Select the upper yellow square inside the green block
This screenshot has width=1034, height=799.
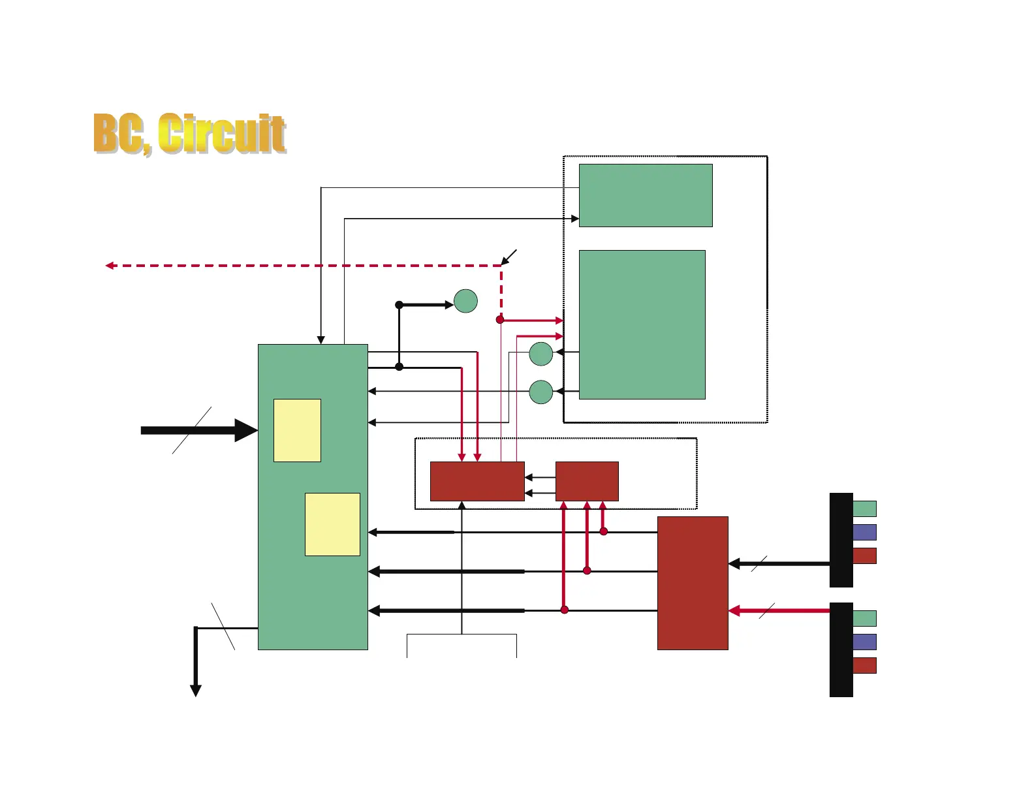pos(297,430)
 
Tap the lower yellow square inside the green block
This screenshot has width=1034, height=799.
pos(332,524)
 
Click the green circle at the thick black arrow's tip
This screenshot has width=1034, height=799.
pos(465,301)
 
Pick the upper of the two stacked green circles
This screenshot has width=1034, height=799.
pos(541,354)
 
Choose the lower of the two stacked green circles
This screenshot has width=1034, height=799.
pos(541,392)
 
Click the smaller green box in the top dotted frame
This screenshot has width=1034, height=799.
pos(646,195)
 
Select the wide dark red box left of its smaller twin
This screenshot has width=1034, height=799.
pos(477,481)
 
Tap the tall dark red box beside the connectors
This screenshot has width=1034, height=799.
pos(693,583)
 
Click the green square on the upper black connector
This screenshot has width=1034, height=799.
pos(864,509)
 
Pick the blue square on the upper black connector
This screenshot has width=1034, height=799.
pos(864,532)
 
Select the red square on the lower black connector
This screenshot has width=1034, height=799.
pos(864,665)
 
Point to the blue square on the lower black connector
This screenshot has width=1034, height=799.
pos(864,642)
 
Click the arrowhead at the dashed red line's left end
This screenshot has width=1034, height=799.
pos(110,266)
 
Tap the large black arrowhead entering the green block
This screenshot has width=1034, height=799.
pos(245,430)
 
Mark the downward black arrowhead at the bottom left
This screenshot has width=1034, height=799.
pos(195,691)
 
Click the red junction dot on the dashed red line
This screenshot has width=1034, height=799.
pos(500,320)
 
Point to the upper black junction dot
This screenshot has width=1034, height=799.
pos(399,305)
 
